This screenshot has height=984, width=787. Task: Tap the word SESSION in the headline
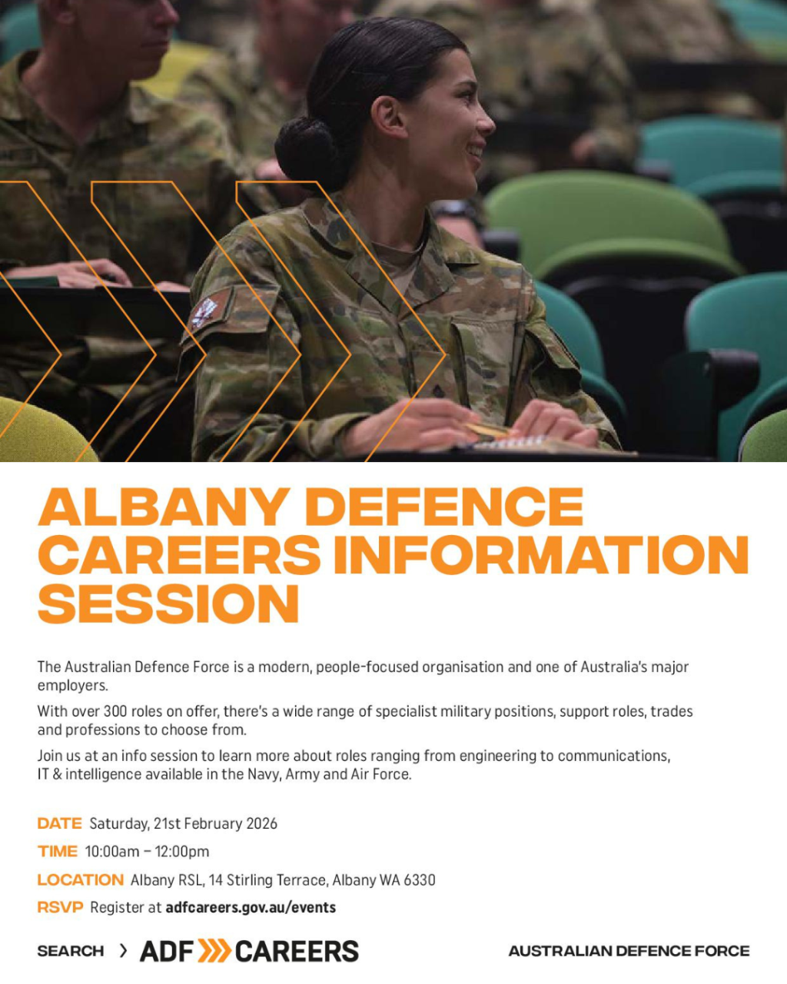(168, 603)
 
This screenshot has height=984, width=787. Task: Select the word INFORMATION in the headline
(541, 555)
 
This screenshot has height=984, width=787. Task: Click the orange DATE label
(59, 823)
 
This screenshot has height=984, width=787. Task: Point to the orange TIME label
(57, 852)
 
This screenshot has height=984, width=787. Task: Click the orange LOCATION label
(81, 879)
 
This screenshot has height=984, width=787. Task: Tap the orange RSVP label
(61, 907)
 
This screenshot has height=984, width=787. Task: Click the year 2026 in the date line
(261, 823)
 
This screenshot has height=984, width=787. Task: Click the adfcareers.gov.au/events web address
(251, 908)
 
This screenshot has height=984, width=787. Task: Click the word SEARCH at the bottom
(71, 951)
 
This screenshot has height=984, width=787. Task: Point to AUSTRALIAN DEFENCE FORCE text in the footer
(629, 951)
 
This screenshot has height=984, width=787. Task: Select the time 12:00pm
(181, 852)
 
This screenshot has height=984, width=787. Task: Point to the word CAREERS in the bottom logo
(297, 951)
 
